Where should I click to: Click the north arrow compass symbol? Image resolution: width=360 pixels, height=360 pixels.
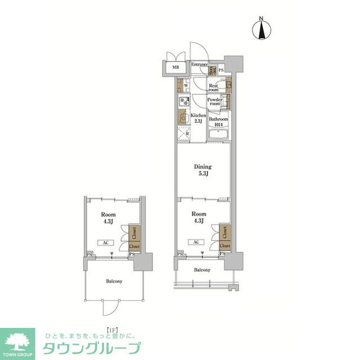(262, 29)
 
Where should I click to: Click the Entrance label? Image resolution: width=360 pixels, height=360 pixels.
(199, 65)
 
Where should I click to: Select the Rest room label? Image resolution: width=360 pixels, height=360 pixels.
(213, 88)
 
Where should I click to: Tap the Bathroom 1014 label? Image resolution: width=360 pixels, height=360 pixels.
(219, 122)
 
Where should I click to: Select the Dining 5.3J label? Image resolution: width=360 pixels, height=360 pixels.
(202, 170)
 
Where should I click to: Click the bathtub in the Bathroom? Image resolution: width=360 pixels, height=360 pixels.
(218, 136)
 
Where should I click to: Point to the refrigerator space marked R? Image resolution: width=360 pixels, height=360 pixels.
(183, 135)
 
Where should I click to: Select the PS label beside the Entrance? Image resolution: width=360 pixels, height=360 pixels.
(221, 70)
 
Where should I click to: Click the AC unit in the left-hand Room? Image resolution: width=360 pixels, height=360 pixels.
(105, 243)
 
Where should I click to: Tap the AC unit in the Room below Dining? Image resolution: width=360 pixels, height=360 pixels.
(196, 242)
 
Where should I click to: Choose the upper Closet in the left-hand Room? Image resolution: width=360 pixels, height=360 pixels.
(134, 231)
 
